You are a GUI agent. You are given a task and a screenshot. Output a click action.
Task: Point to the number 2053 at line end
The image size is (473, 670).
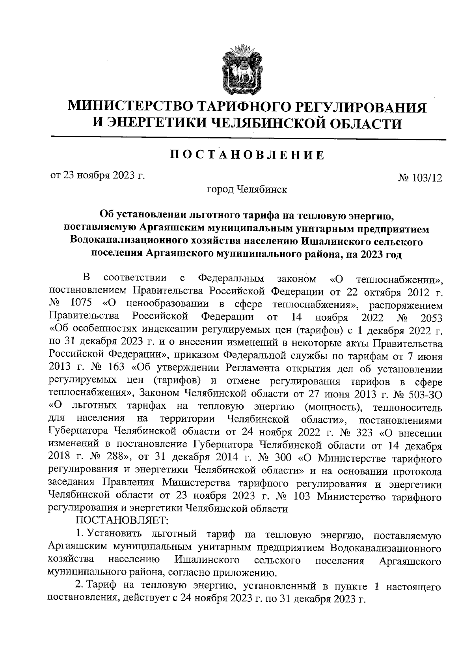431,318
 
